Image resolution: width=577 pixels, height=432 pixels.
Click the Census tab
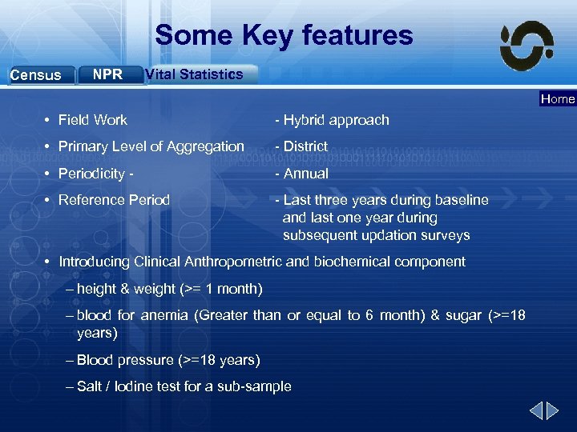click(37, 75)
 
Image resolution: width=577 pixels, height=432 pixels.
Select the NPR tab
click(108, 74)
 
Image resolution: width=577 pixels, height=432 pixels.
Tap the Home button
click(558, 99)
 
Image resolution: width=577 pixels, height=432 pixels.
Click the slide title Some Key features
click(284, 35)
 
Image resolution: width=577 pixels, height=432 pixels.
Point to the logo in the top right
click(526, 46)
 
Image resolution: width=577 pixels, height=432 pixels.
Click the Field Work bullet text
click(92, 120)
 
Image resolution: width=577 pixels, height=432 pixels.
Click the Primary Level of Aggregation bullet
click(151, 146)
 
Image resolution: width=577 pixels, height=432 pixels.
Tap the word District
click(305, 146)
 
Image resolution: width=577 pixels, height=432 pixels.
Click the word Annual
click(305, 174)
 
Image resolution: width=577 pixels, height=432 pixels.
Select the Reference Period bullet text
click(114, 200)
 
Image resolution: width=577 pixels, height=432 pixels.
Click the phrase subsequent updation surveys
click(376, 235)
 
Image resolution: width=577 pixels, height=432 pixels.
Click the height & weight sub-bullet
click(168, 288)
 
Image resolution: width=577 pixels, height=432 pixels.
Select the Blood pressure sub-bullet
click(167, 360)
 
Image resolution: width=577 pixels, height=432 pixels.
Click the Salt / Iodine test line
click(184, 386)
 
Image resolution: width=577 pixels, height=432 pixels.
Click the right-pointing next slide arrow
click(552, 412)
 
